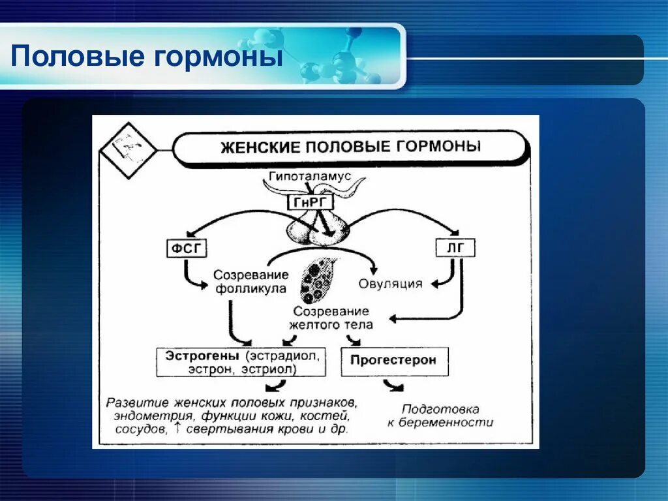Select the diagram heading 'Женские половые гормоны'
pyautogui.click(x=350, y=146)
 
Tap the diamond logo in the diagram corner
pyautogui.click(x=127, y=149)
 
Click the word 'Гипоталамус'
pyautogui.click(x=309, y=177)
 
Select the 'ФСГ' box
pyautogui.click(x=187, y=249)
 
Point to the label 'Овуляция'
pyautogui.click(x=390, y=284)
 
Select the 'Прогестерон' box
pyautogui.click(x=393, y=360)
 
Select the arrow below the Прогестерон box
pyautogui.click(x=393, y=386)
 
